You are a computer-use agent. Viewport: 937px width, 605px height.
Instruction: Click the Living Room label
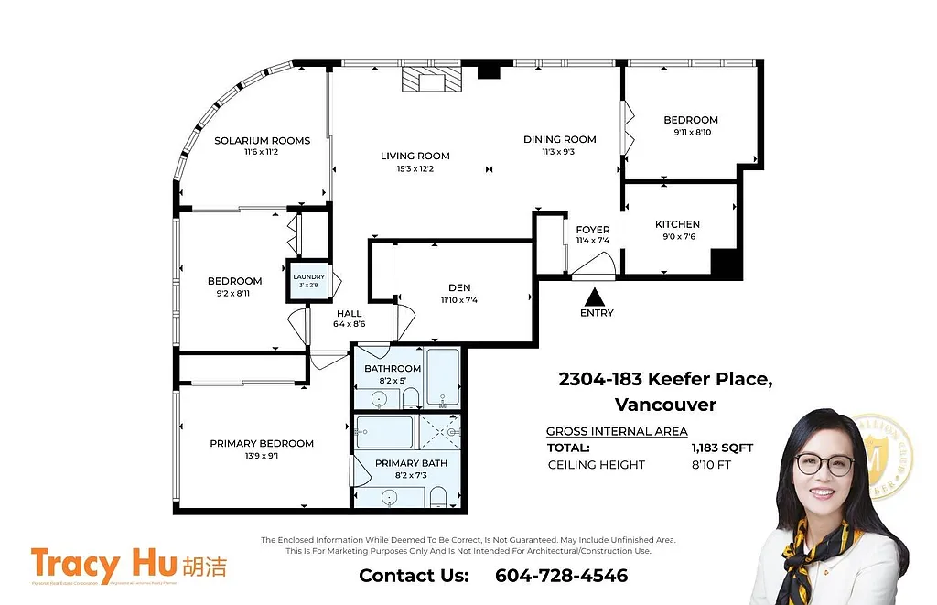415,156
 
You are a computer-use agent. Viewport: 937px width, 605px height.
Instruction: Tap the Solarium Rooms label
262,141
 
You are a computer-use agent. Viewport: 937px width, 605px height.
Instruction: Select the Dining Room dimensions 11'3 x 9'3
559,152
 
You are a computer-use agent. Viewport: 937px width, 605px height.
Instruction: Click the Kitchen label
677,224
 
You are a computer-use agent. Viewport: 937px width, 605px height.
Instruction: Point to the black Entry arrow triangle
596,297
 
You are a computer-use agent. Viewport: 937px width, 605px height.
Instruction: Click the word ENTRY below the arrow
597,313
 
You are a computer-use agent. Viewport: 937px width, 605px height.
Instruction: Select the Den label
459,286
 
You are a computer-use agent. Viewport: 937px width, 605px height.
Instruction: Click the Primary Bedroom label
262,443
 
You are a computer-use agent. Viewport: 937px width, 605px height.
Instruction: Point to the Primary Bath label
411,463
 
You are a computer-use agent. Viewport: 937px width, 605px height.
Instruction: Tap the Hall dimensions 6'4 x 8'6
349,324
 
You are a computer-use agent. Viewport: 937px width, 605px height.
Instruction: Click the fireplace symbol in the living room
432,80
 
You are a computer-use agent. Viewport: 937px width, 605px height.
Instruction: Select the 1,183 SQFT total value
722,448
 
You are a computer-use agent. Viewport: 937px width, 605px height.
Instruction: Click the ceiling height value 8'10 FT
711,465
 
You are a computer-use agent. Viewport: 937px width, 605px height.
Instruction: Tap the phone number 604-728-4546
561,576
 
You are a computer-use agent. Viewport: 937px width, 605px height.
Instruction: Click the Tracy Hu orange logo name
99,565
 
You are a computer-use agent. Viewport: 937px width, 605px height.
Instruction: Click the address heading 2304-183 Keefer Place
665,379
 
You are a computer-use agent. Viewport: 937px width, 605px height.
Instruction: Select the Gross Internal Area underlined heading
617,431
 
